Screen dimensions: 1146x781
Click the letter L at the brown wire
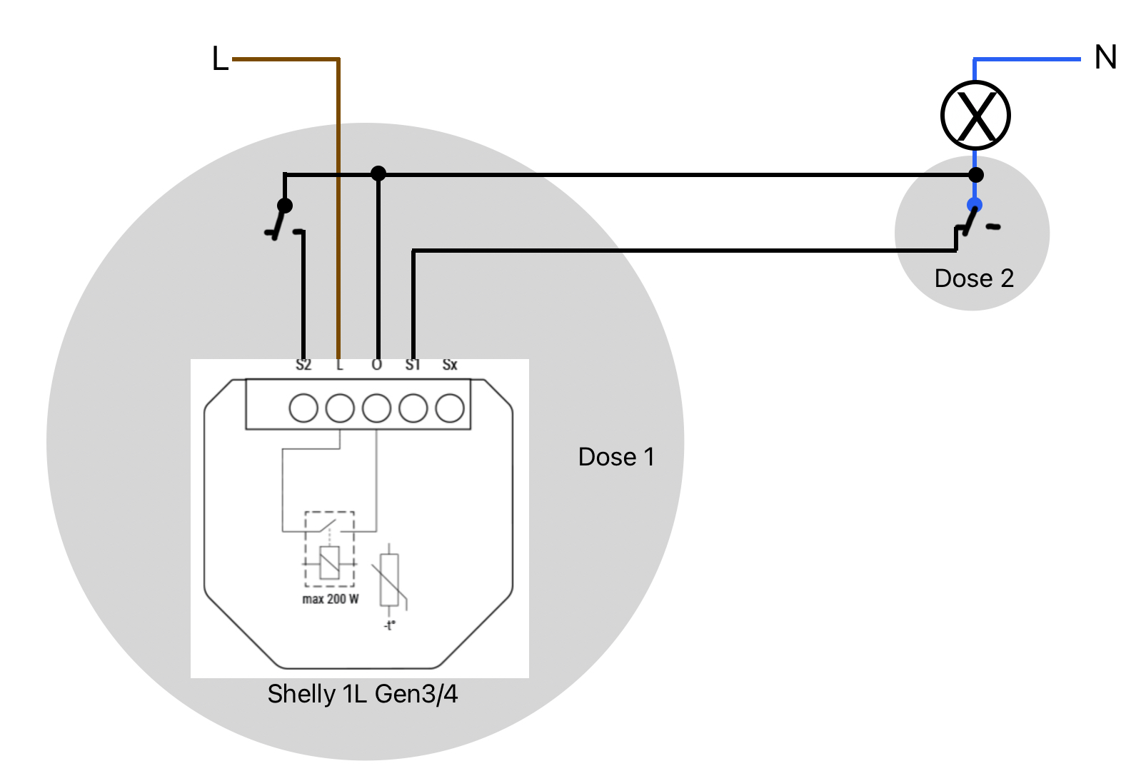[220, 59]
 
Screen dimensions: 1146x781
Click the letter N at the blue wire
[1105, 57]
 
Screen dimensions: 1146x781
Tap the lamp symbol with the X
[975, 116]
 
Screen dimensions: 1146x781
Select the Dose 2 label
[974, 278]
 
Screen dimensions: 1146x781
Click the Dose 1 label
[616, 457]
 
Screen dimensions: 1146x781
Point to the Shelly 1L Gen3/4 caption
[362, 695]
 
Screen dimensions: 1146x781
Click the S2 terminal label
[303, 365]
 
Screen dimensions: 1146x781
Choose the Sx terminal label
[450, 365]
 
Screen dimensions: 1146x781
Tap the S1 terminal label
[413, 365]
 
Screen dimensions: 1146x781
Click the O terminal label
[376, 365]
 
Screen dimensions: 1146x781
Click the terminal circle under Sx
[450, 408]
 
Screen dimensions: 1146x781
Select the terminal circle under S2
[303, 408]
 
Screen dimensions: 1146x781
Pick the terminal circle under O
[376, 408]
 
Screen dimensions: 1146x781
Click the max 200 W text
[331, 599]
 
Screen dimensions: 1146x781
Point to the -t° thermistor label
[390, 625]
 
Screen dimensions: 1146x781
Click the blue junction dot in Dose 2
[975, 206]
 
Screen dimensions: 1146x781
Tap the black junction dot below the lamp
[976, 175]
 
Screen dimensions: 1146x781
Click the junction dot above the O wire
[378, 173]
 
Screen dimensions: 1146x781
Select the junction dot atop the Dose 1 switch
[285, 206]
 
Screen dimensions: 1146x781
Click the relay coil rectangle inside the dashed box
[329, 563]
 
